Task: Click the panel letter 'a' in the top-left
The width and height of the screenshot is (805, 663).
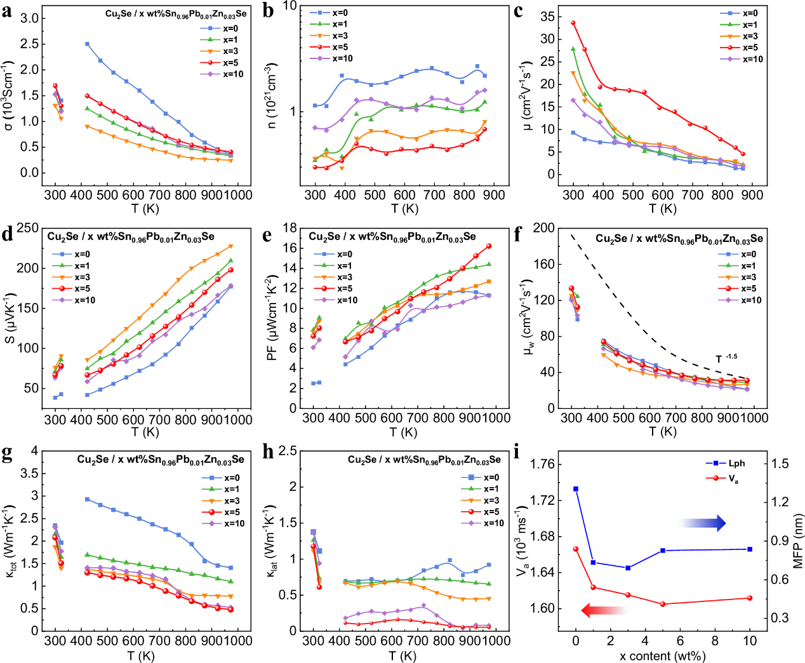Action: pyautogui.click(x=7, y=11)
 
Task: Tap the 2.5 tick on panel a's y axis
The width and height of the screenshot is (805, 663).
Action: pyautogui.click(x=29, y=44)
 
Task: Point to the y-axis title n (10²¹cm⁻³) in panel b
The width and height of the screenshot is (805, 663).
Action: pyautogui.click(x=272, y=95)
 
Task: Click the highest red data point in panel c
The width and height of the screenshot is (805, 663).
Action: pyautogui.click(x=573, y=23)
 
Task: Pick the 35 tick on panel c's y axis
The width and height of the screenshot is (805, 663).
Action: pyautogui.click(x=547, y=17)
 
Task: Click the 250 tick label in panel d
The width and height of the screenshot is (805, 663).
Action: pyautogui.click(x=27, y=228)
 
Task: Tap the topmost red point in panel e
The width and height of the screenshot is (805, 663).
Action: pyautogui.click(x=489, y=246)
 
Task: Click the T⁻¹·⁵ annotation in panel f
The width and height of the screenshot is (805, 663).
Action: pyautogui.click(x=726, y=359)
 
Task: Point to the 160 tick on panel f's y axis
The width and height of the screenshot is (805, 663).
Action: pyautogui.click(x=543, y=264)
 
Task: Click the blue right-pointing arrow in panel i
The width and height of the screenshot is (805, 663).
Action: pyautogui.click(x=702, y=523)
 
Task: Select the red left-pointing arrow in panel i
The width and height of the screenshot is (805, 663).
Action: pyautogui.click(x=604, y=610)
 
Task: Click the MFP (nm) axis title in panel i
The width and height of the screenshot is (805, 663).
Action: pyautogui.click(x=798, y=541)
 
